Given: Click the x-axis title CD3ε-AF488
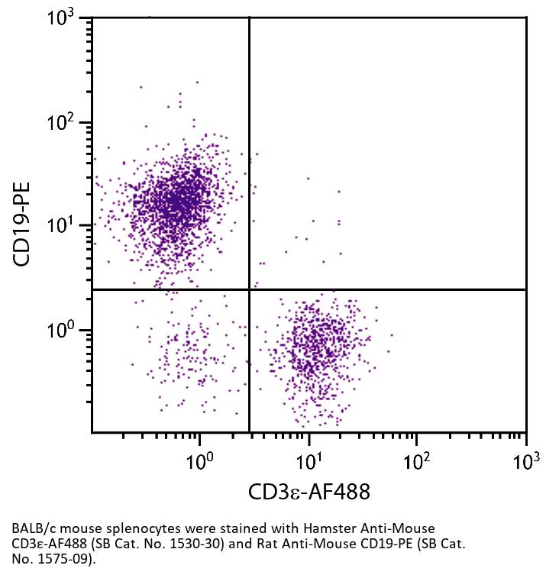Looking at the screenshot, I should pos(309,492).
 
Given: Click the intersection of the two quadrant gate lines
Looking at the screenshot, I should pos(250,289).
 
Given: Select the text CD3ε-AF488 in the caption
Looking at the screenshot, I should pos(46,544).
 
